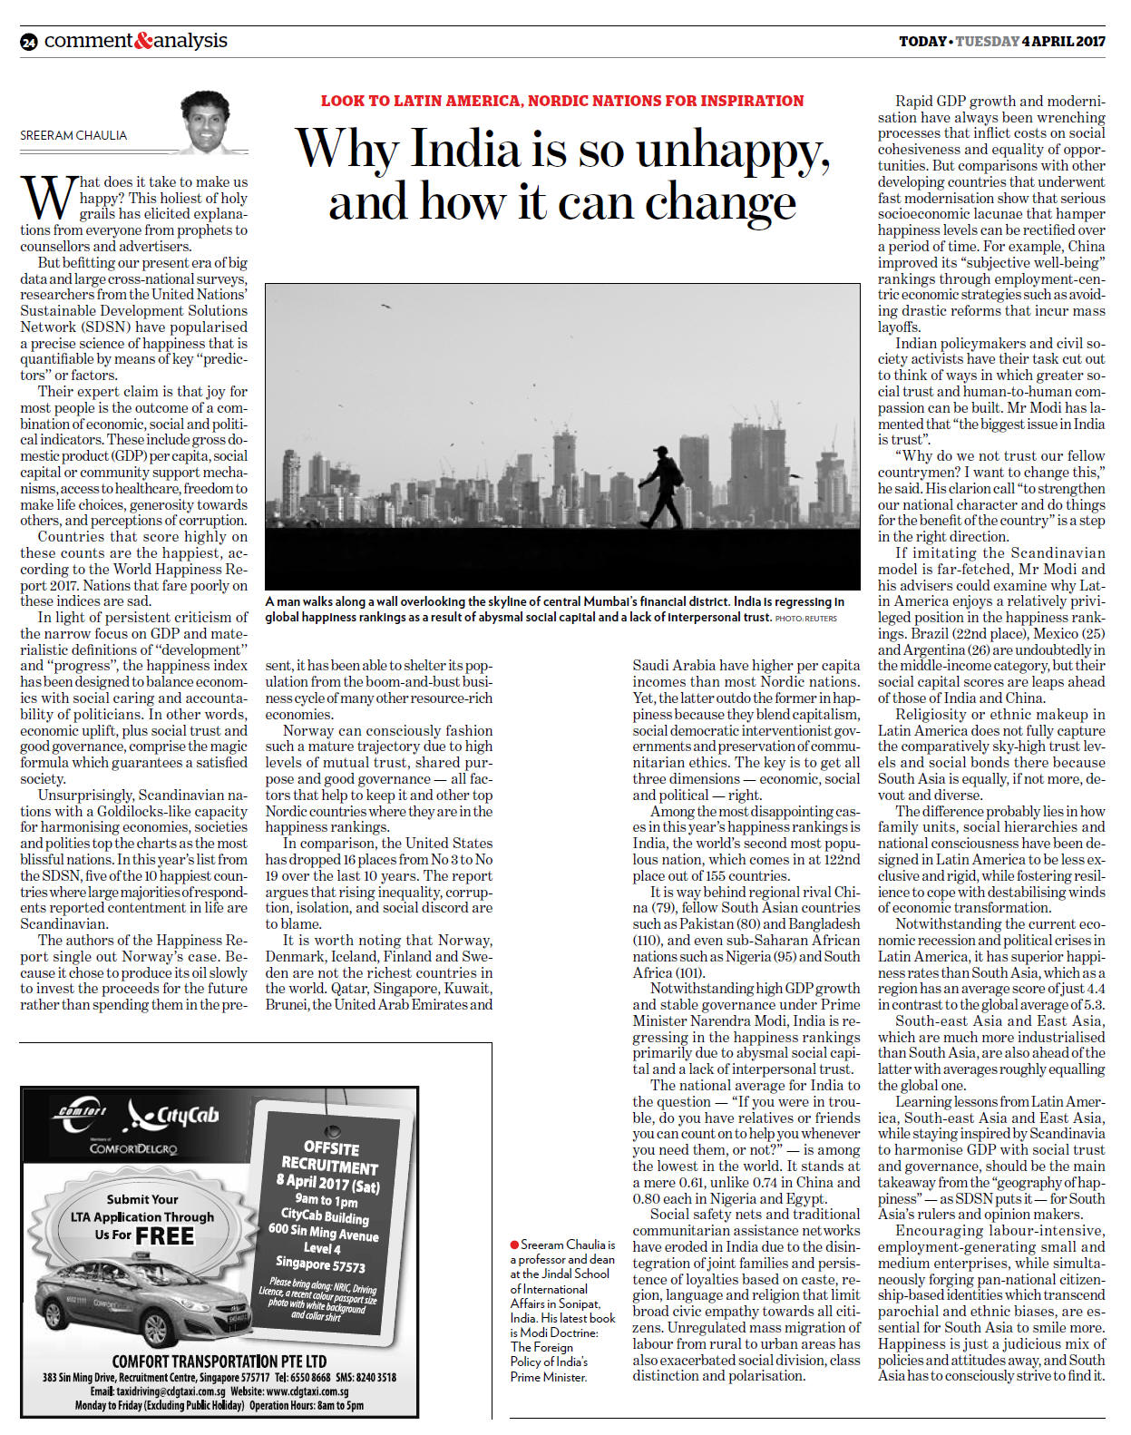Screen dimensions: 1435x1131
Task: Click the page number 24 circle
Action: click(29, 43)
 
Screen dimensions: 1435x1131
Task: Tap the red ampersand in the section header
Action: click(143, 41)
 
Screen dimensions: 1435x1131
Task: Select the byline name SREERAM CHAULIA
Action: click(74, 136)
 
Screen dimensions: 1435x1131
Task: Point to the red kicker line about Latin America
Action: click(562, 101)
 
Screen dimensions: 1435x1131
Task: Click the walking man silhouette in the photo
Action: click(660, 486)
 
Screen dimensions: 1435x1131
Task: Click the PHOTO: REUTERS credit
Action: click(805, 619)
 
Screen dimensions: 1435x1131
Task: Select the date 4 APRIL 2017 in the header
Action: click(1063, 42)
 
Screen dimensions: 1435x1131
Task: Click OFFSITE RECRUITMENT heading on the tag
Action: click(328, 1156)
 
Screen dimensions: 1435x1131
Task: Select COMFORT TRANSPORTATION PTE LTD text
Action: click(219, 1361)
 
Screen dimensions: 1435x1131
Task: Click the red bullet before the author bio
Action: click(514, 1245)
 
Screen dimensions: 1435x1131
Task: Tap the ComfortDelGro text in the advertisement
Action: click(133, 1148)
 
